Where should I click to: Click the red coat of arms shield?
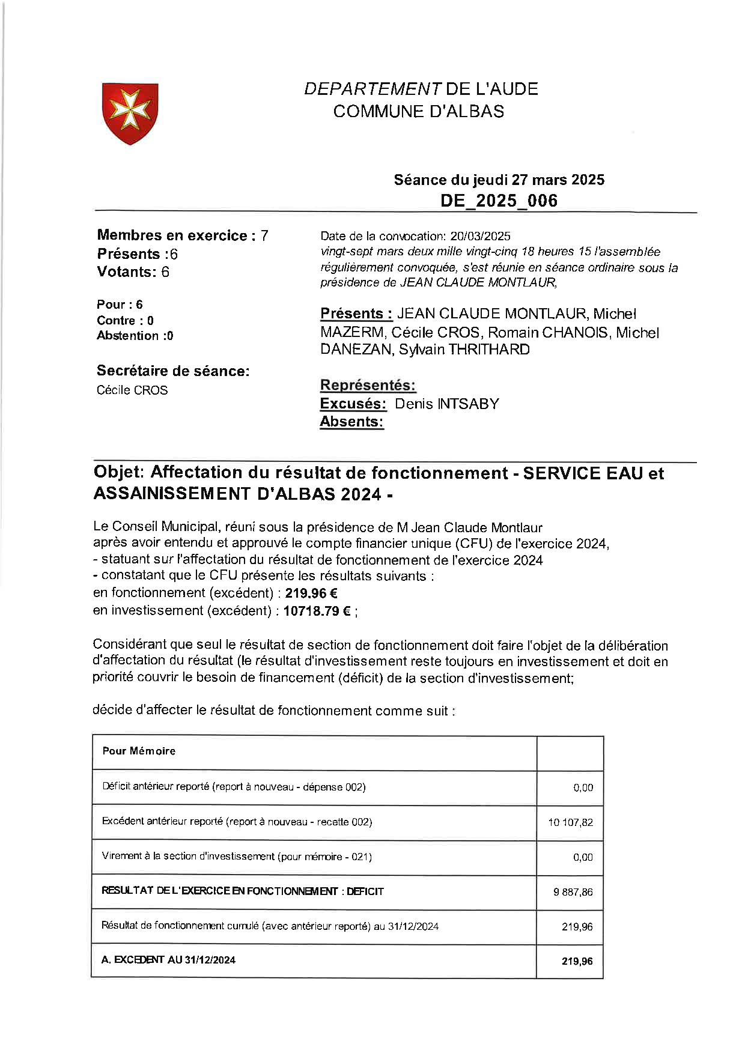tap(130, 114)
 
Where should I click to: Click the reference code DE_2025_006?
tap(499, 201)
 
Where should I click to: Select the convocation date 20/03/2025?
tap(480, 236)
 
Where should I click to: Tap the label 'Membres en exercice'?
tap(172, 235)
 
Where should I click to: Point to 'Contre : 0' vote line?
tap(125, 320)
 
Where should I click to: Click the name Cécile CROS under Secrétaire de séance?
tap(132, 390)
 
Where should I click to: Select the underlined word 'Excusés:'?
tap(353, 404)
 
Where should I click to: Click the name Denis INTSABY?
tap(446, 404)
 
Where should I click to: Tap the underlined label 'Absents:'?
tap(351, 422)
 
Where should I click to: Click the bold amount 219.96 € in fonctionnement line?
tap(311, 593)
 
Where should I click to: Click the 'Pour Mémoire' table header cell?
tap(139, 751)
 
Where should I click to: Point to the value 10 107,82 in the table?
tap(570, 822)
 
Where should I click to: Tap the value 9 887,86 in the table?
tap(573, 892)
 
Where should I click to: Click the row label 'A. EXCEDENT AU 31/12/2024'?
tap(168, 960)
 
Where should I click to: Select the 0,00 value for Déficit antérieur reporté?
tap(583, 787)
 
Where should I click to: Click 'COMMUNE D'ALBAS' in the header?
tap(419, 111)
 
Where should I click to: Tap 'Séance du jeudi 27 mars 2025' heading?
tap(499, 180)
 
